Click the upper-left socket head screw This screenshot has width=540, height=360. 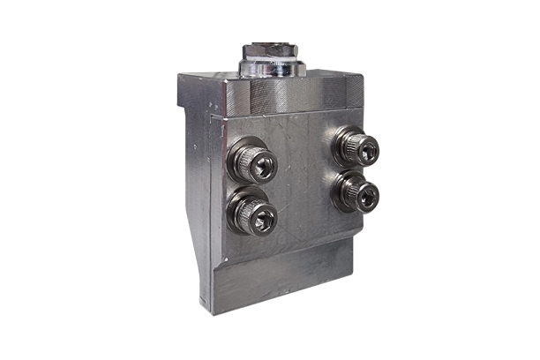254,162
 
